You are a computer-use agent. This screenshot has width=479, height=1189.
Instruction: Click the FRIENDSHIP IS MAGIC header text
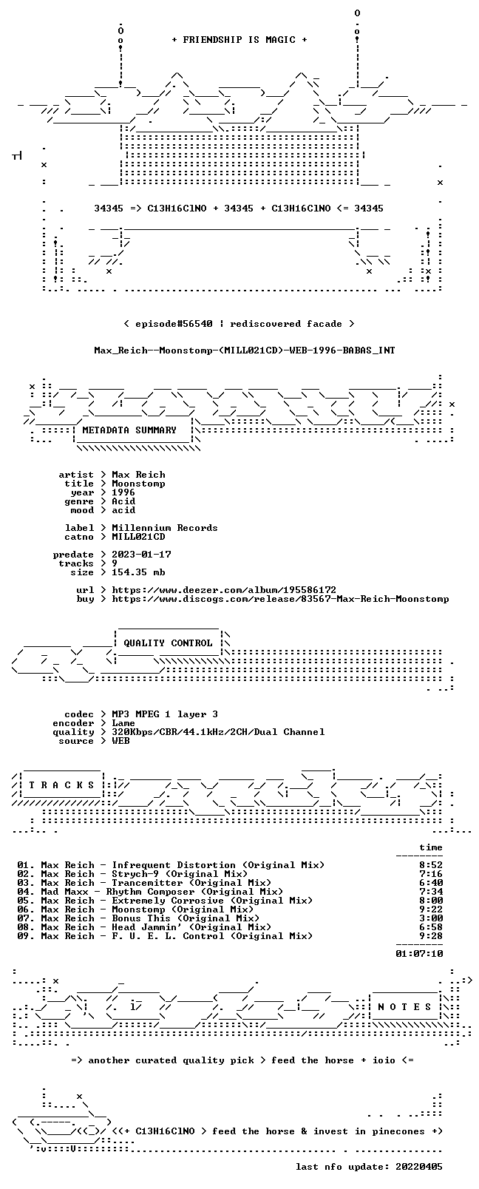[239, 40]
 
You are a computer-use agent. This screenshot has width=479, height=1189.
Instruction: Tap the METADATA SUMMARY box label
[129, 430]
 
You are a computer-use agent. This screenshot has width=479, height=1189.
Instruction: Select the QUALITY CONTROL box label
[168, 643]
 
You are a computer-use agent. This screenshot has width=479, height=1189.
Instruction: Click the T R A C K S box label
[61, 785]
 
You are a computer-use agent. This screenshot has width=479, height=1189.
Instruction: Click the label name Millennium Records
[164, 528]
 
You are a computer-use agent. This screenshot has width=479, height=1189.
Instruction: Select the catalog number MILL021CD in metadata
[138, 537]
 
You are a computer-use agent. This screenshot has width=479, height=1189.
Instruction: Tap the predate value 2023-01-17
[141, 554]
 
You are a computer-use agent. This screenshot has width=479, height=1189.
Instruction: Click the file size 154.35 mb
[138, 572]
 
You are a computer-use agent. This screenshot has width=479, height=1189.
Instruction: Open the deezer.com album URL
[224, 590]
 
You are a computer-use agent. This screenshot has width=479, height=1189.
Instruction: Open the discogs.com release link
[280, 599]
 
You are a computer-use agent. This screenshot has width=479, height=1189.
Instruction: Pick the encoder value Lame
[123, 723]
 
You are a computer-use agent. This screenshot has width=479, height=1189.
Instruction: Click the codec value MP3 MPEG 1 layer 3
[164, 714]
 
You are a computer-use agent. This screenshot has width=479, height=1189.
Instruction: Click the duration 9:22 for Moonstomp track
[431, 909]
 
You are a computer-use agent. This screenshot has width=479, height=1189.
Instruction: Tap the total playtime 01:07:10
[419, 953]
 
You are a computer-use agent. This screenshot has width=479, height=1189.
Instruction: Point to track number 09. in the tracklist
[25, 936]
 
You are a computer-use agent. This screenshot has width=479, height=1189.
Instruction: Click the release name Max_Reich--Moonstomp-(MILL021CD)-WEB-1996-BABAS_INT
[245, 350]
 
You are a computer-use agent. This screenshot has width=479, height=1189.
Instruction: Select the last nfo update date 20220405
[419, 1166]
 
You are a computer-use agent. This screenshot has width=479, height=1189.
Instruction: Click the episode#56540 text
[174, 324]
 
